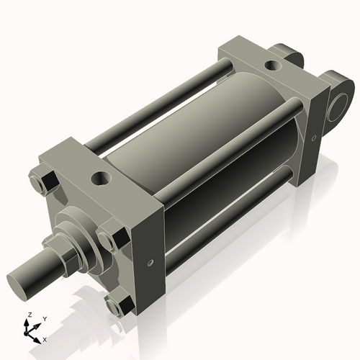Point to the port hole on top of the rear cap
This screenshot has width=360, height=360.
(274, 66)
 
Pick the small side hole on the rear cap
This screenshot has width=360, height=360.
(315, 135)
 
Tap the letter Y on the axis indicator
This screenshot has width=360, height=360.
(44, 318)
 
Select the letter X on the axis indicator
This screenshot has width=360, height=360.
(45, 338)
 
